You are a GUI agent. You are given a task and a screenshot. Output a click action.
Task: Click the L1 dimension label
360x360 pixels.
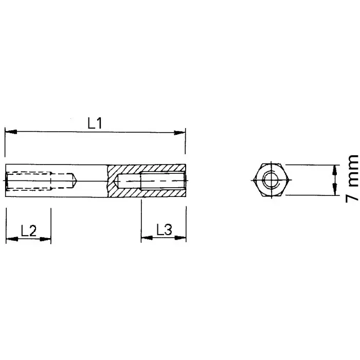[x=95, y=123]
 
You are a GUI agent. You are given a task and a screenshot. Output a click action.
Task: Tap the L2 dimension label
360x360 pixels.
[x=28, y=231]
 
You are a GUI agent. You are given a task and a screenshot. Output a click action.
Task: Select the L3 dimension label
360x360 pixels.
[x=164, y=230]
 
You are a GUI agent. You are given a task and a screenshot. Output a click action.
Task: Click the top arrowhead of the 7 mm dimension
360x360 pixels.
[x=334, y=169]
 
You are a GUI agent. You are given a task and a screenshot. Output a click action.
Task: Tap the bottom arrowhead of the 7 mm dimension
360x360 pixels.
[x=334, y=191]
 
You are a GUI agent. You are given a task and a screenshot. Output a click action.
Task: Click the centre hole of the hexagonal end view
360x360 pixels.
[x=269, y=181]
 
